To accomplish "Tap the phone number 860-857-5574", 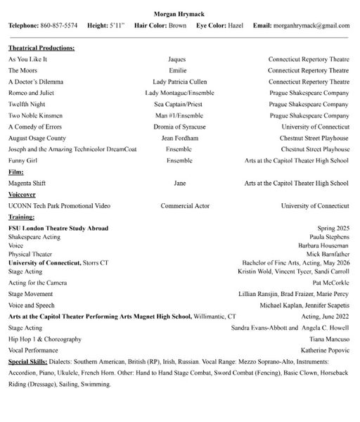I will [x=58, y=25].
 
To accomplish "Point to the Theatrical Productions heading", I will [x=41, y=48].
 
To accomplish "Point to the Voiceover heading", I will [x=22, y=194].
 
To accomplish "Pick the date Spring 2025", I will [x=332, y=228].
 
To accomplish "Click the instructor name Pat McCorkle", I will [x=330, y=282].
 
